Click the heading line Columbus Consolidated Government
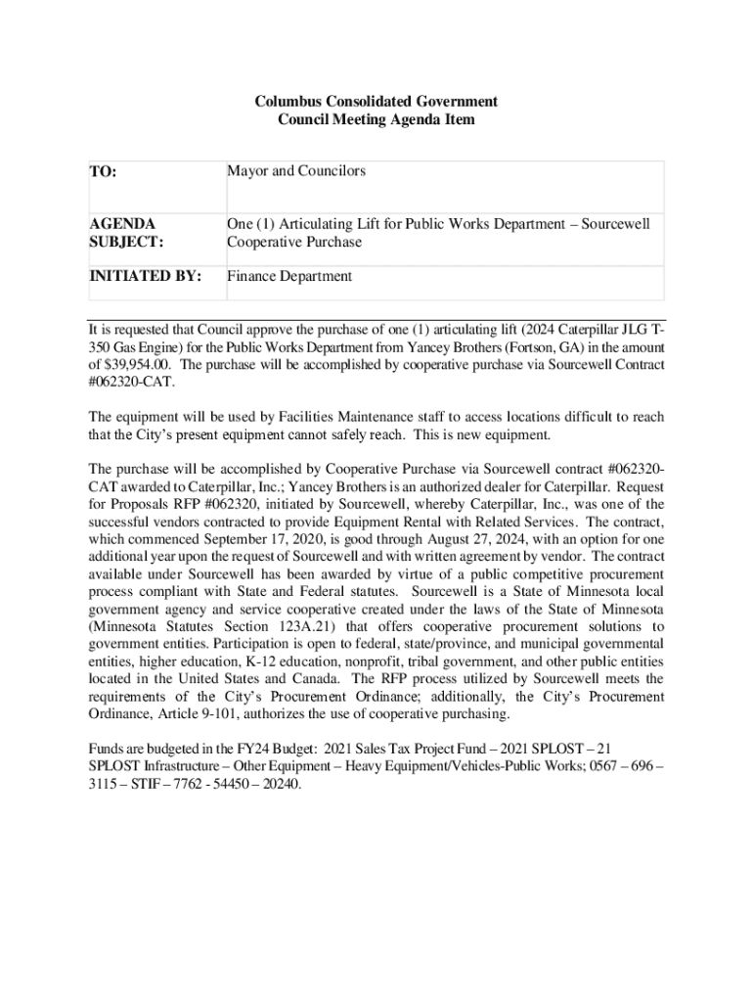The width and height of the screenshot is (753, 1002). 376,101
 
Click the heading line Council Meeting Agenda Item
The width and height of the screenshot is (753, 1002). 376,119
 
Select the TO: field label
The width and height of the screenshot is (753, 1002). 103,172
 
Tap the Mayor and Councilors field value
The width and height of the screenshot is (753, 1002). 296,171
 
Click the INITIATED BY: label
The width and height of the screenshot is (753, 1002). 145,276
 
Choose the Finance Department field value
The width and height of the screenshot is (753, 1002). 289,276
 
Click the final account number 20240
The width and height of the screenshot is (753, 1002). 279,784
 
